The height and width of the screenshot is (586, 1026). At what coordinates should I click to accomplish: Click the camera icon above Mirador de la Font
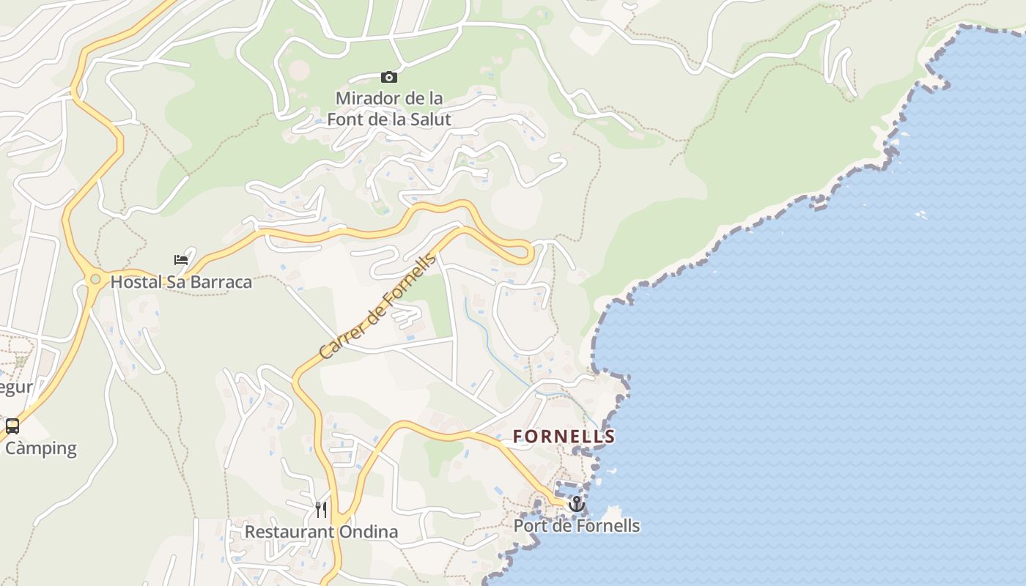pos(388,77)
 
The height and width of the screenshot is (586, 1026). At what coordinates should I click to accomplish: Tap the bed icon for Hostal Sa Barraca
pos(181,259)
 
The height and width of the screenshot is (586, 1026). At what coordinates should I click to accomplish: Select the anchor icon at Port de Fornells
pos(576,504)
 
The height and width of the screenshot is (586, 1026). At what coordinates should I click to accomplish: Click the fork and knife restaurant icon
pos(321,509)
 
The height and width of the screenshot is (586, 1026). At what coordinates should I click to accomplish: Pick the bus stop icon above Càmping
pos(12,426)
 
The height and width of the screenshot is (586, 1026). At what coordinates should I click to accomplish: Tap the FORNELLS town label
pos(564,437)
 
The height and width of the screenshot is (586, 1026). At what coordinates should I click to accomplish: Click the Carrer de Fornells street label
pos(377,306)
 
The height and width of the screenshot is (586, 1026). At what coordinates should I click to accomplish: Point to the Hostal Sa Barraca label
pos(181,282)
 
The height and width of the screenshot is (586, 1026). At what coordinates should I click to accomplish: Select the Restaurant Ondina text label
pos(321,532)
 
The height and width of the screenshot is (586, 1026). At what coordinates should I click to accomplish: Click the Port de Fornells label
pos(576,526)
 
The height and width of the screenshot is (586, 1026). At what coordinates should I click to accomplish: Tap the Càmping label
pos(41,448)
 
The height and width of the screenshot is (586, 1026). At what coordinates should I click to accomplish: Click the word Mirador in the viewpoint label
pos(366,98)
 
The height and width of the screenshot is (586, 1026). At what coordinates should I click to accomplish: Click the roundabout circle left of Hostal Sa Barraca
pos(95,279)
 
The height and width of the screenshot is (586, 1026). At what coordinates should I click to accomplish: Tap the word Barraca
pos(221,282)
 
